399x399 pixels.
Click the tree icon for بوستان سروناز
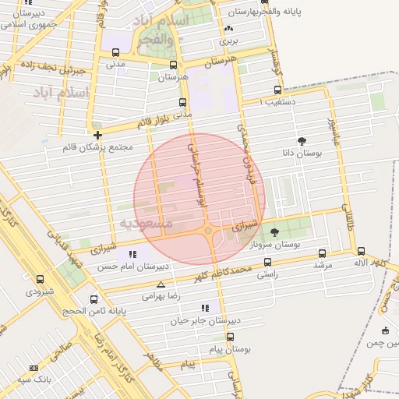[274, 231]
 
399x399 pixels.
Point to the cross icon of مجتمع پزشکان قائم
[97, 135]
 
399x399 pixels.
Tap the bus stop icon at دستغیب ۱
[278, 90]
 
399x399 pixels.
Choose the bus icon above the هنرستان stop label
[173, 65]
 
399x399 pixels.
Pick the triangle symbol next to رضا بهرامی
[161, 285]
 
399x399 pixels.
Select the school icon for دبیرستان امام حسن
[132, 253]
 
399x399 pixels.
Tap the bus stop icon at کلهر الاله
[361, 251]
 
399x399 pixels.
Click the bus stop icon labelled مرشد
[323, 253]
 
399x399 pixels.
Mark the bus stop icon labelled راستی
[267, 263]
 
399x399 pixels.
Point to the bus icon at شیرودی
[41, 279]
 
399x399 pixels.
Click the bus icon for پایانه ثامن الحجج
[94, 299]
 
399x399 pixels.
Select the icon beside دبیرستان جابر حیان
[205, 308]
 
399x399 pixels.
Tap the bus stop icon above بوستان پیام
[230, 337]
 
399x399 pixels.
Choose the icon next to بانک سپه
[34, 367]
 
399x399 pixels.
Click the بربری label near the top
[227, 37]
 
